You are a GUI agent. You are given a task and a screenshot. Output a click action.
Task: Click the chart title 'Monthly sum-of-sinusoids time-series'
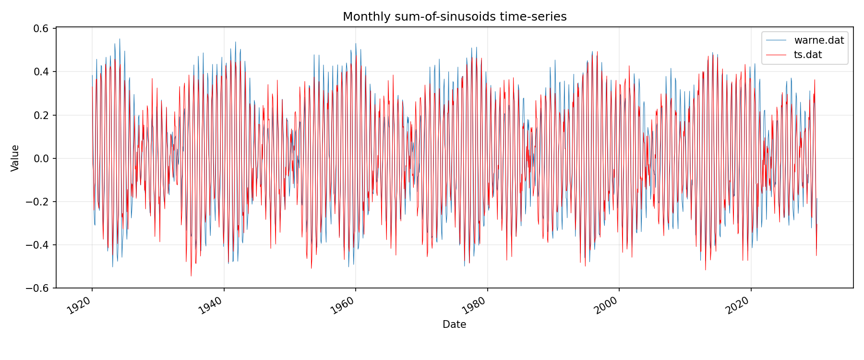[x=455, y=17]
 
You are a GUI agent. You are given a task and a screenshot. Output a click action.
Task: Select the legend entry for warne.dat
[x=819, y=40]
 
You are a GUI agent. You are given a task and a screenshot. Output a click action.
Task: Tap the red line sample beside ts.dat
[x=776, y=55]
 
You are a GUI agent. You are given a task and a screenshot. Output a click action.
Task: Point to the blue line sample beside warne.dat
[x=776, y=40]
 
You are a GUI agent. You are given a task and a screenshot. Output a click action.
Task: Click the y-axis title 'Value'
[x=15, y=158]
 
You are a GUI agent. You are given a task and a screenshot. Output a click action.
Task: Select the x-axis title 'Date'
[x=454, y=324]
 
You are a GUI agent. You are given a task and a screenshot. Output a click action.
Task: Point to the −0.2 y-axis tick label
[x=38, y=202]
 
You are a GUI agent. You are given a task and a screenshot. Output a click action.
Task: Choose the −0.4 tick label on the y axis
[x=38, y=245]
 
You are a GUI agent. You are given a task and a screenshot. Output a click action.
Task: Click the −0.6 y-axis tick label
[x=38, y=288]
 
